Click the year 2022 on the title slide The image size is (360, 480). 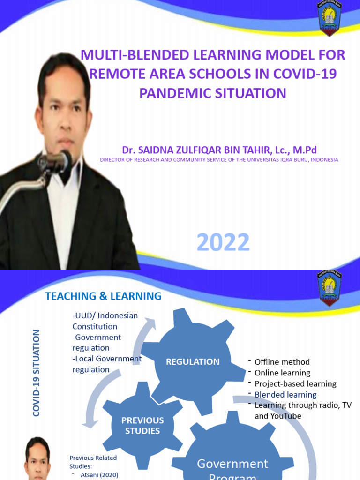223,243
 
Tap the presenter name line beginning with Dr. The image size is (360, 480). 219,150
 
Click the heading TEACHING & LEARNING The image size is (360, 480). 103,296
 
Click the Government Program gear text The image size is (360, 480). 232,469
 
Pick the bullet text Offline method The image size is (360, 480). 282,362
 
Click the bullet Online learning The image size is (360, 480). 282,373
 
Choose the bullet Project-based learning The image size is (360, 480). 295,383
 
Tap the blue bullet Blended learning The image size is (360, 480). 285,395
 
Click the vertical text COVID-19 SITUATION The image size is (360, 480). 36,373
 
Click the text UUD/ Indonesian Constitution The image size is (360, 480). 105,321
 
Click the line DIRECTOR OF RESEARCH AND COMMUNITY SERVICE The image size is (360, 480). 219,160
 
